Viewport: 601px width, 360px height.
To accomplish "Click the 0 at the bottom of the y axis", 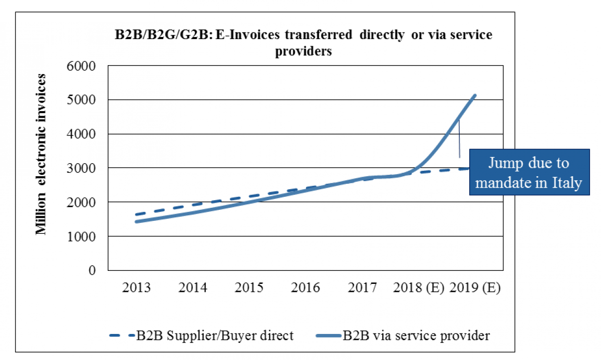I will point(92,270).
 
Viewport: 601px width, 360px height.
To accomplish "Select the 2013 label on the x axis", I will point(136,289).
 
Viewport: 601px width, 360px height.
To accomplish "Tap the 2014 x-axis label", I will point(193,289).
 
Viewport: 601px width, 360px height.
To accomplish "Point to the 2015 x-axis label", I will point(249,289).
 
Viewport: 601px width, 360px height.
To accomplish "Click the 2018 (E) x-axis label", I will point(419,289).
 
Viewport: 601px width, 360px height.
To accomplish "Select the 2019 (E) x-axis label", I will point(475,289).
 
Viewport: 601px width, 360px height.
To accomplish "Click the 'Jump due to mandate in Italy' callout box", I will point(529,172).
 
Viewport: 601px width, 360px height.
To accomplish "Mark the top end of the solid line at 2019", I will point(475,95).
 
